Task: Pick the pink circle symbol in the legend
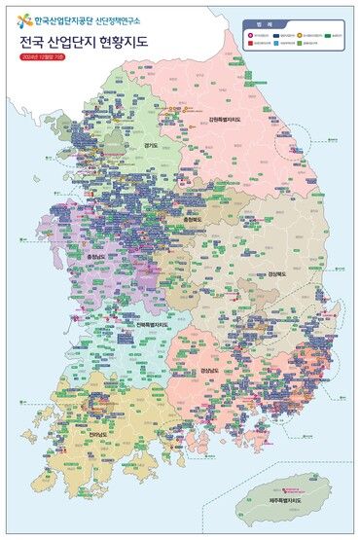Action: coord(251,35)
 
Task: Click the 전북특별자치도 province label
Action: coord(154,324)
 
